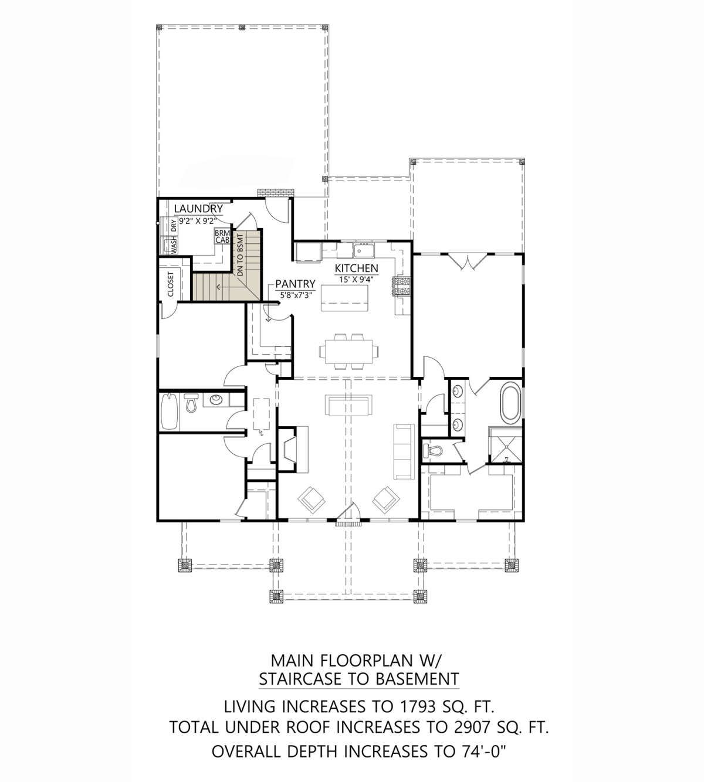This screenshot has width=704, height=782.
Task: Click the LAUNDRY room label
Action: coord(198,209)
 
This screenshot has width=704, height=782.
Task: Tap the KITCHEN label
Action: coord(356,268)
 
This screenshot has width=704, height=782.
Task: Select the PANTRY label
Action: coord(296,283)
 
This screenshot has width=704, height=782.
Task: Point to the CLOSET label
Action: coord(171,284)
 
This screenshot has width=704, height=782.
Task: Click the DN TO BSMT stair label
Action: coord(240,256)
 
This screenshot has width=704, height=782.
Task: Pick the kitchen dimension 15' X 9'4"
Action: coord(357,279)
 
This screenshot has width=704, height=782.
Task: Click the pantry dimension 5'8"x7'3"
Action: coord(296,295)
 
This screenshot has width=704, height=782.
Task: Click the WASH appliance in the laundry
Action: coord(169,246)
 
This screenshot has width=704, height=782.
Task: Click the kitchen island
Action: coord(345,298)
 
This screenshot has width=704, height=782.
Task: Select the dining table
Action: coord(348,351)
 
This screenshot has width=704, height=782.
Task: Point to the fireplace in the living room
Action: coord(293,449)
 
